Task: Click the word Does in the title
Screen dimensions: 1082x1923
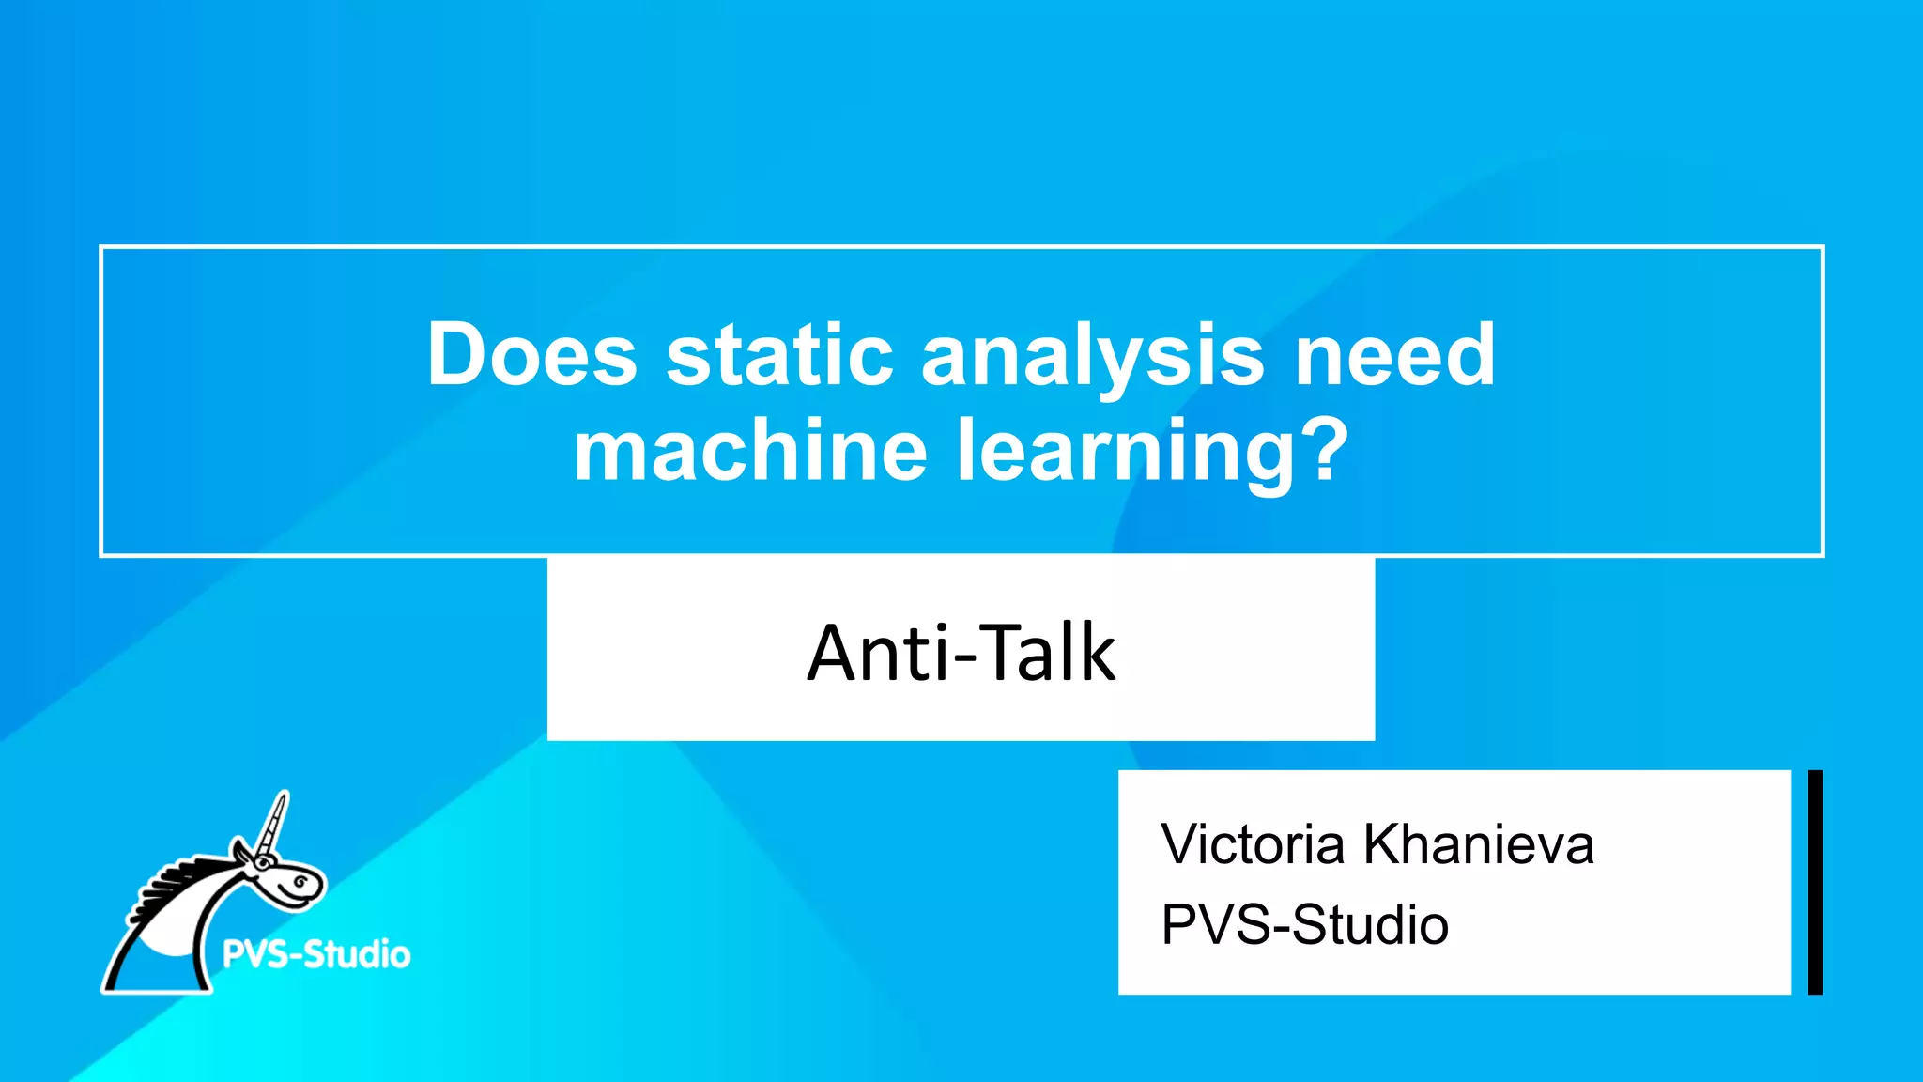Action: click(531, 355)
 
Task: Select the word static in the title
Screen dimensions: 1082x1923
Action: click(779, 355)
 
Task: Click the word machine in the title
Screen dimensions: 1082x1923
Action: click(750, 451)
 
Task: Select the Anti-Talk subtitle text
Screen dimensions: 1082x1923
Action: click(961, 653)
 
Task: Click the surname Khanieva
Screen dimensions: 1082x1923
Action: click(1478, 843)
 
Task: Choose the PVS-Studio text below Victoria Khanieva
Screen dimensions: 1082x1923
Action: click(1304, 924)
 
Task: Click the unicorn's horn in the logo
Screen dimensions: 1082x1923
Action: click(274, 822)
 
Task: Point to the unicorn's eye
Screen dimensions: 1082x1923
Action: click(300, 882)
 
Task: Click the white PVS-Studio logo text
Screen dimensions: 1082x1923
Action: click(316, 954)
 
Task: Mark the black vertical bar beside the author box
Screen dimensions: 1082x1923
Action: click(1815, 882)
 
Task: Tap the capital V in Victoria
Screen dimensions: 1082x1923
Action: click(1180, 843)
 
